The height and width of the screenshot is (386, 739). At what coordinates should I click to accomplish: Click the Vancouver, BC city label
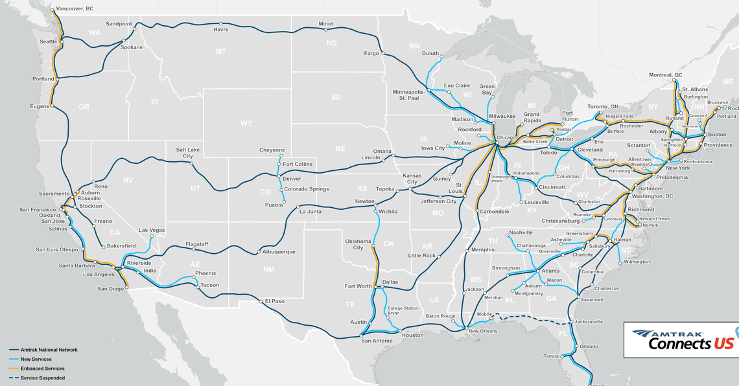(75, 8)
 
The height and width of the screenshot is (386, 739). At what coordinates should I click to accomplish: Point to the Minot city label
(325, 24)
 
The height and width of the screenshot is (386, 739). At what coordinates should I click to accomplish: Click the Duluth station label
(430, 54)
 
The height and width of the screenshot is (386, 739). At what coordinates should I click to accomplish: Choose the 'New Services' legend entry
(36, 359)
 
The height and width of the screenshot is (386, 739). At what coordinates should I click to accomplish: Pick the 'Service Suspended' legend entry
(42, 378)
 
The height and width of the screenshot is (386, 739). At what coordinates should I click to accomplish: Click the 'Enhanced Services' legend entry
(42, 369)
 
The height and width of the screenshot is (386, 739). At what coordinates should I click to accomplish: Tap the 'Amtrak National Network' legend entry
(49, 350)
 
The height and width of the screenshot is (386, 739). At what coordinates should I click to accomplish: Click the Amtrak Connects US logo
(684, 339)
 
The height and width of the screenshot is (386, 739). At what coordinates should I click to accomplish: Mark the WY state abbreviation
(246, 123)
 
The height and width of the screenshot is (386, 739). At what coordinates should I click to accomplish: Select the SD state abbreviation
(336, 97)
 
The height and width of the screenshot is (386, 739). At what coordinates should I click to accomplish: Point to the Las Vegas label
(152, 230)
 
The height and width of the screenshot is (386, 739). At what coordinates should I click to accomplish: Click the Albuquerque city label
(279, 252)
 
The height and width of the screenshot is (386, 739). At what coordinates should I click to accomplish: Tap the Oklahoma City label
(358, 244)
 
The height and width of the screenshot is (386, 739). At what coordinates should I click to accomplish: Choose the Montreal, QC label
(666, 75)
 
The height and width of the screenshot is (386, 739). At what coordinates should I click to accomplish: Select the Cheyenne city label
(272, 150)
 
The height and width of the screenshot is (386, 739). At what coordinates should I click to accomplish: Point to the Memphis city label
(482, 249)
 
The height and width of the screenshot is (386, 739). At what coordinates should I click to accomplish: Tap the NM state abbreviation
(268, 269)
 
